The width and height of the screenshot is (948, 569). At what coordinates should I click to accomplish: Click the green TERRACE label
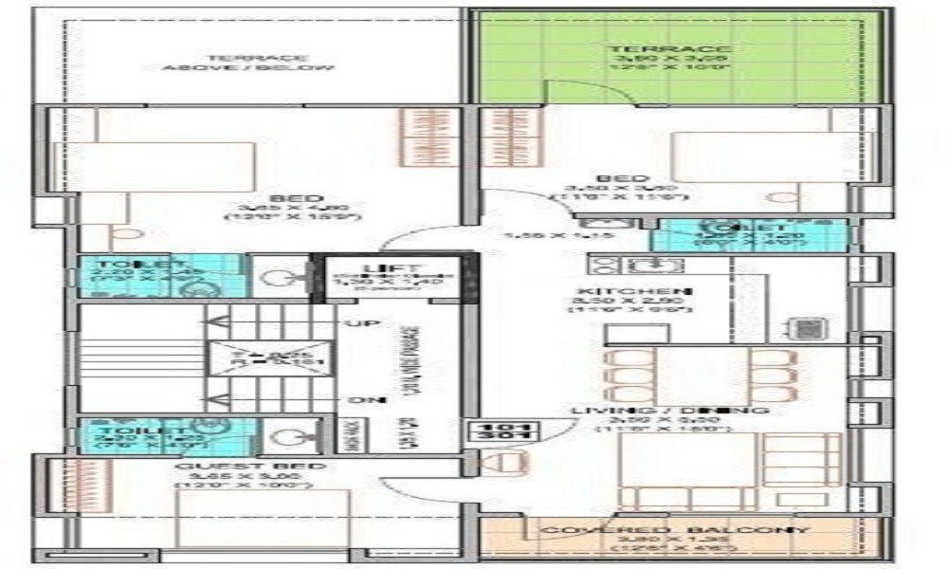tap(669, 49)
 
